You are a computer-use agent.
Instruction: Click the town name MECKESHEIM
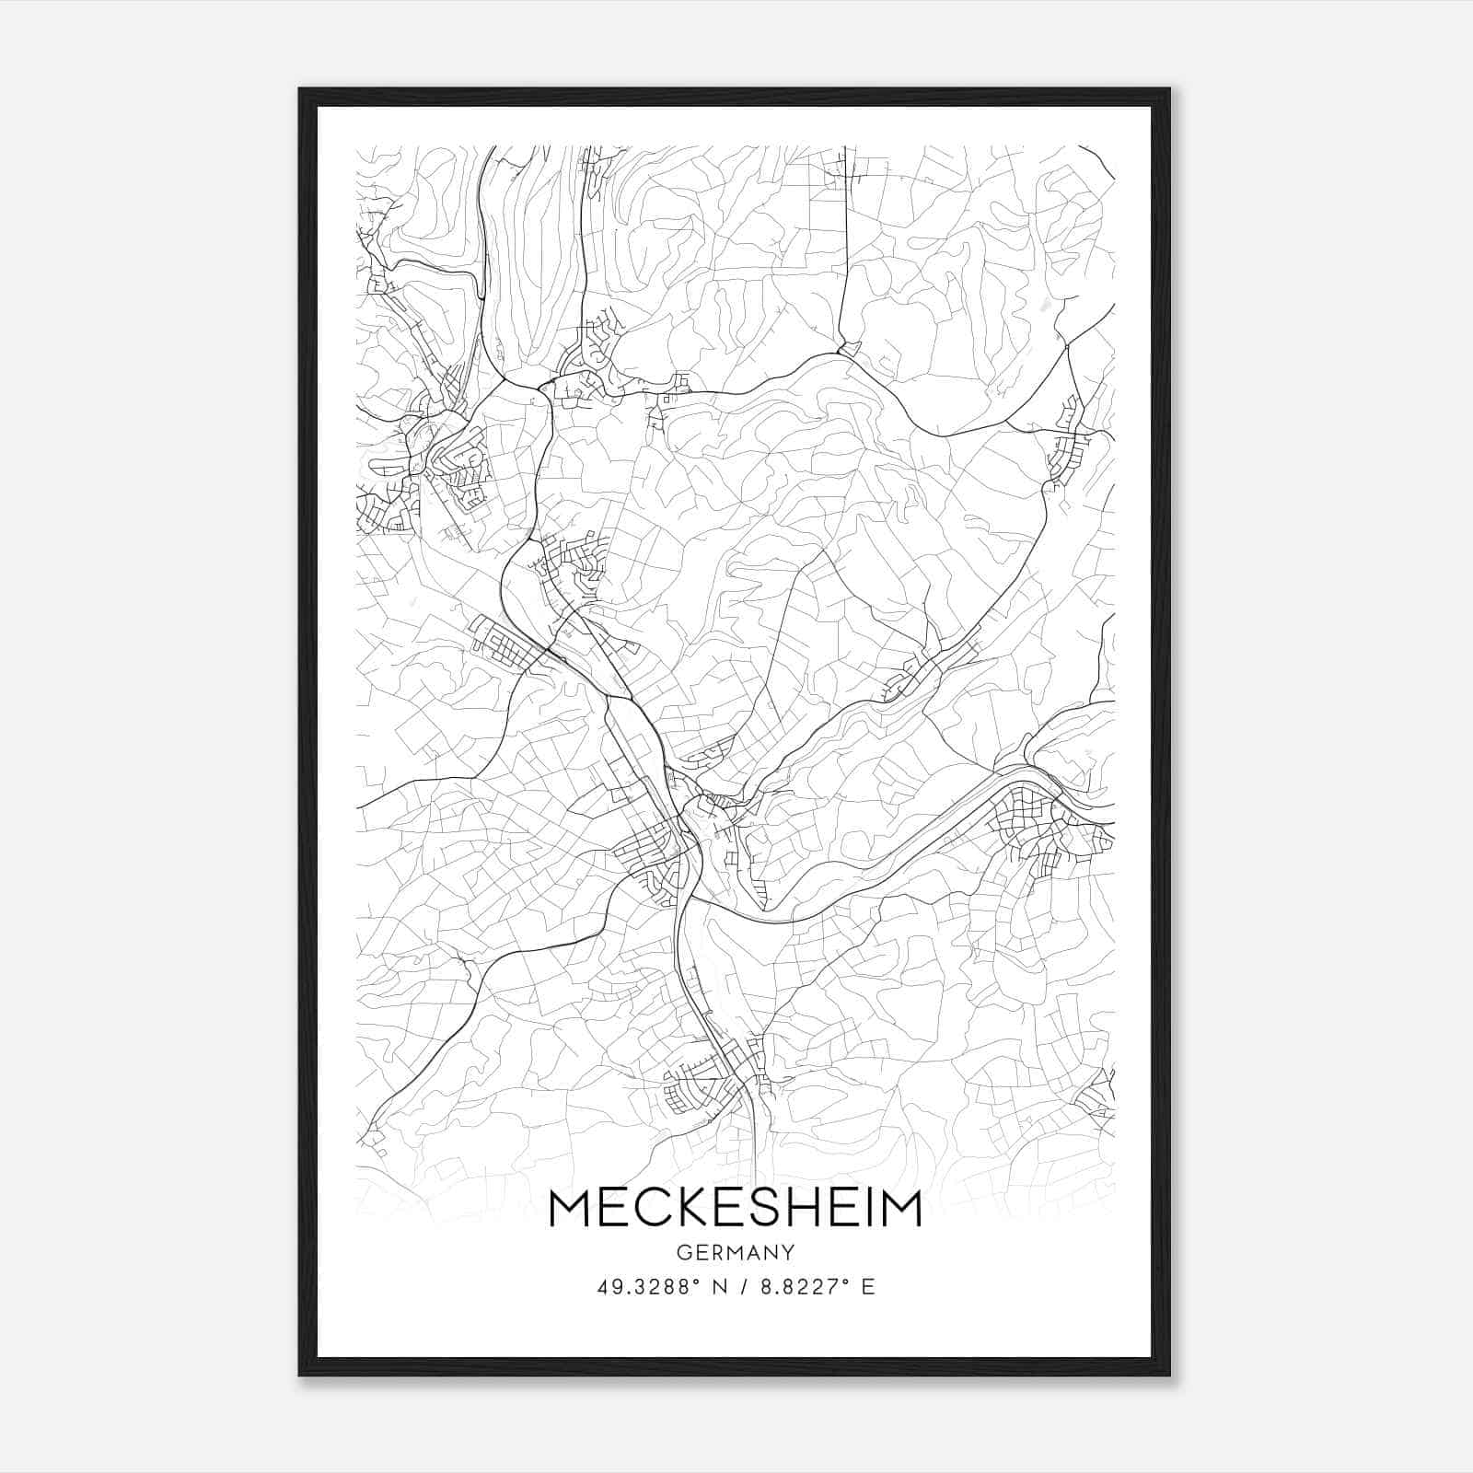(735, 1209)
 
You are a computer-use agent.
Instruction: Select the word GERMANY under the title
(735, 1253)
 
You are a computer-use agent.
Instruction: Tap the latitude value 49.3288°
(645, 1286)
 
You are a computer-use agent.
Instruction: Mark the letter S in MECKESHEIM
(775, 1209)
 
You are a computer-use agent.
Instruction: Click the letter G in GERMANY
(682, 1253)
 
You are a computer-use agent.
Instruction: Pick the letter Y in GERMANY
(788, 1253)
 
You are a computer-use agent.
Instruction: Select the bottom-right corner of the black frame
(1169, 1374)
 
